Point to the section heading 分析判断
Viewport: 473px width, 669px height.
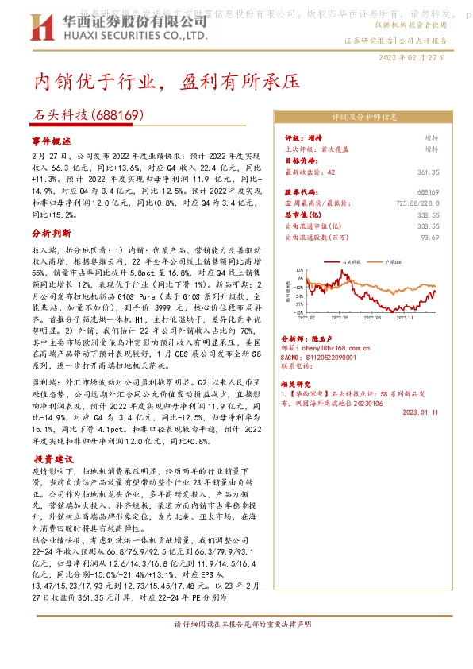pos(51,234)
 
